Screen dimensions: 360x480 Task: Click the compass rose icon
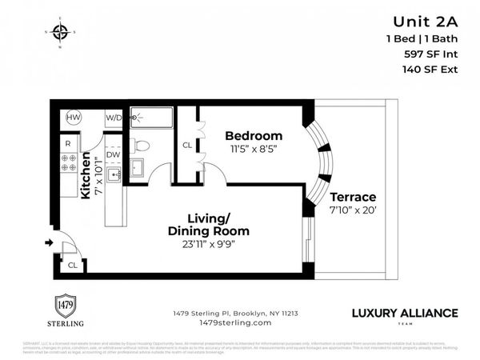[x=60, y=33]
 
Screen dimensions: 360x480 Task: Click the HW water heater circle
[x=74, y=117]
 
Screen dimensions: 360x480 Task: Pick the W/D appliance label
[x=114, y=118]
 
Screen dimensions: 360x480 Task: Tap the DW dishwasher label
[x=114, y=154]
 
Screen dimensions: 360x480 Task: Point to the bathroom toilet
[x=141, y=146]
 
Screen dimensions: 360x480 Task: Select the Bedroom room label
[x=253, y=135]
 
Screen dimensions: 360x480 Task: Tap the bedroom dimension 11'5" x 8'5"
[x=254, y=148]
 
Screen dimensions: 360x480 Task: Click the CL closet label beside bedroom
[x=187, y=146]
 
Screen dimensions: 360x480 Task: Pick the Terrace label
[x=353, y=197]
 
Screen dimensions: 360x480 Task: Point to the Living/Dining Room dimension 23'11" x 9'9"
[x=218, y=246]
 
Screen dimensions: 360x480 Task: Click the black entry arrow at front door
[x=49, y=242]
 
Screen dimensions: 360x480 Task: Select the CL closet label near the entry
[x=72, y=265]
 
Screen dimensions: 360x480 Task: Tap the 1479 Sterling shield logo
[x=63, y=306]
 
